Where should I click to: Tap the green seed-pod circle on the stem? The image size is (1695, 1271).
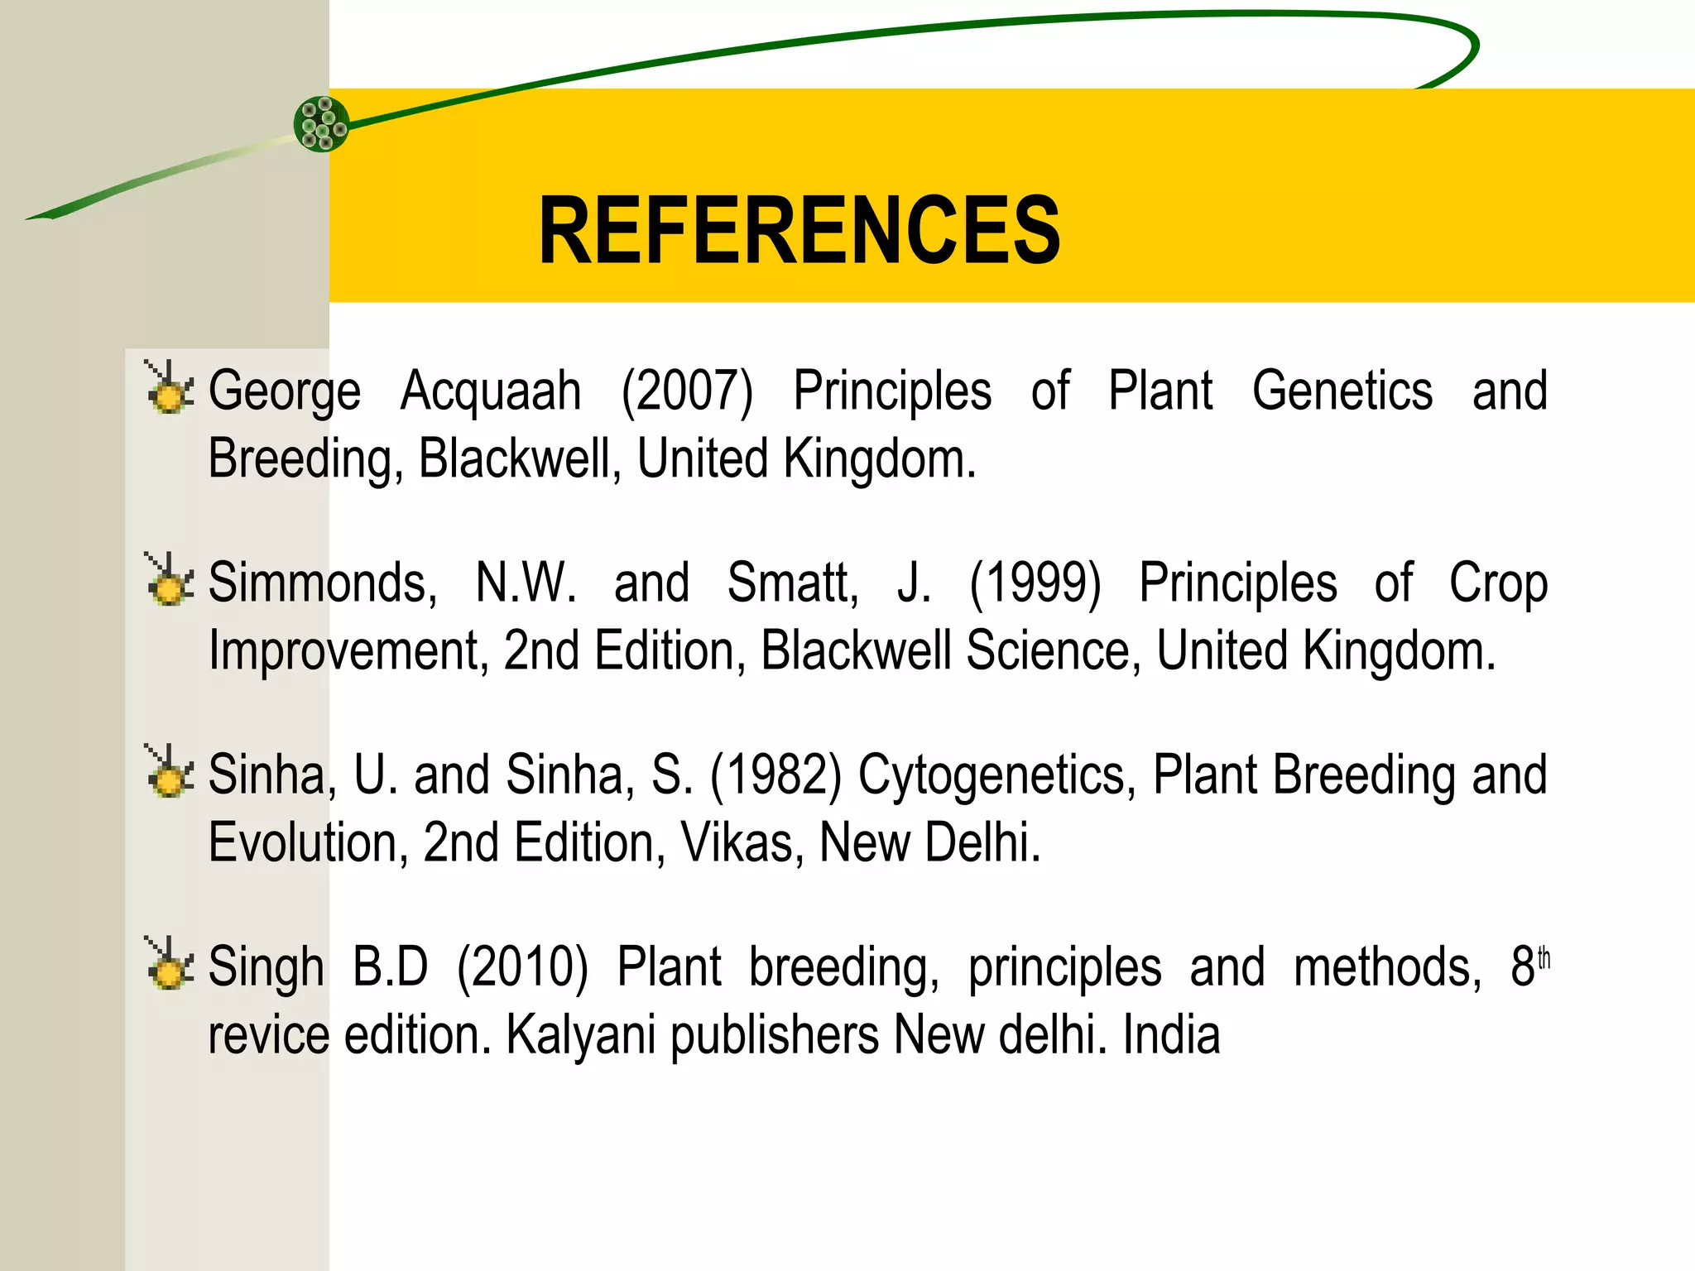click(322, 124)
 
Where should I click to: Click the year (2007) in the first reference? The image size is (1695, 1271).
click(687, 391)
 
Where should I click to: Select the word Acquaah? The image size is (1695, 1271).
click(491, 391)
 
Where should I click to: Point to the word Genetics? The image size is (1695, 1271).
click(1342, 391)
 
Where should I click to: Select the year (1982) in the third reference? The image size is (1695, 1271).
click(775, 775)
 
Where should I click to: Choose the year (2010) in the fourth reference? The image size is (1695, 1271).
click(522, 967)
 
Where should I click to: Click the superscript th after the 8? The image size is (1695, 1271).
click(1544, 960)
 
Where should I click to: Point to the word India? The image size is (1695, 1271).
click(1171, 1035)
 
